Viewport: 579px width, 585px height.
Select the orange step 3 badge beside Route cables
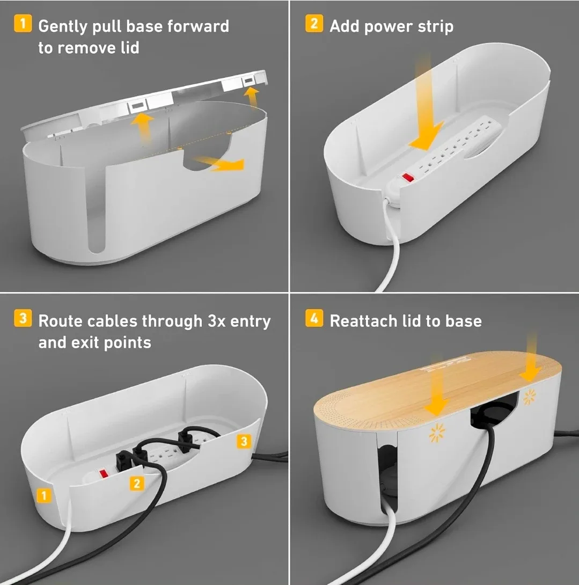click(23, 319)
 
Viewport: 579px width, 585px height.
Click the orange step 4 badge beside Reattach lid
click(314, 319)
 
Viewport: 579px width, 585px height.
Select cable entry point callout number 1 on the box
click(43, 495)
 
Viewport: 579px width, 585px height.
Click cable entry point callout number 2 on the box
click(136, 483)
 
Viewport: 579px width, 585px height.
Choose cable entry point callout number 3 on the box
click(244, 441)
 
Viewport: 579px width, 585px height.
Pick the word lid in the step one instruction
click(127, 48)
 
